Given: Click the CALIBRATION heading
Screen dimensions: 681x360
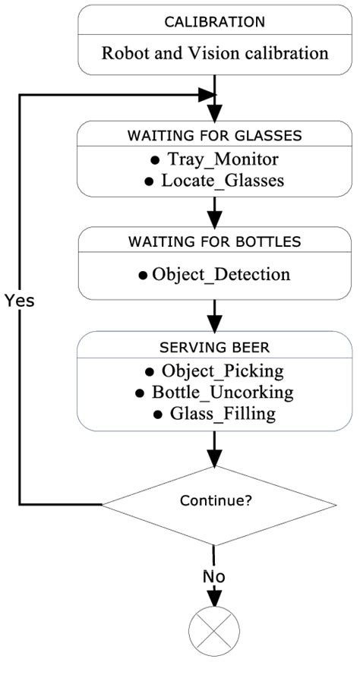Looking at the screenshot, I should coord(215,22).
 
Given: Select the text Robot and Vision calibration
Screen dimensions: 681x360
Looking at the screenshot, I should coord(215,54).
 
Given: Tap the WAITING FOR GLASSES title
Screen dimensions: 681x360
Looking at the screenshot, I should coord(215,136).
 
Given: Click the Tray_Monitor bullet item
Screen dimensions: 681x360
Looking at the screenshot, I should coord(215,160).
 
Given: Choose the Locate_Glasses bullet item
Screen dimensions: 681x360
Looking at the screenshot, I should coord(215,181).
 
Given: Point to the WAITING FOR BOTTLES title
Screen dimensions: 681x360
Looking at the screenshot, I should coord(215,242).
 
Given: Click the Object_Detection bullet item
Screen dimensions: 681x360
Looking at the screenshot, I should coord(215,274).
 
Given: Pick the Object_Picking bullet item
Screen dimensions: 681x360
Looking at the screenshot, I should coord(215,371).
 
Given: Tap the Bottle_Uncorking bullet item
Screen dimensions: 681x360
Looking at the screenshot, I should coord(215,393).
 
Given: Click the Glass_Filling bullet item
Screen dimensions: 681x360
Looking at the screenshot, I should coord(215,414).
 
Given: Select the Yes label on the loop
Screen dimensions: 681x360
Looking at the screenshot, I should coord(19,300).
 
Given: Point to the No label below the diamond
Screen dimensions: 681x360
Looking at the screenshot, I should coord(215,576).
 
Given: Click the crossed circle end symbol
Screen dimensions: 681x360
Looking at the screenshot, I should coord(215,632).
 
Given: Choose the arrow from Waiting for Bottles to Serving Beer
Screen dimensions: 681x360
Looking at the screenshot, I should coord(215,314).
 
